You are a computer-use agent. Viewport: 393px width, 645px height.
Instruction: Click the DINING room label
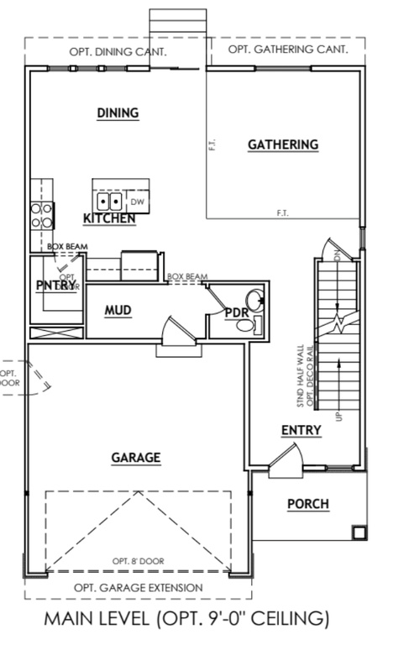click(118, 113)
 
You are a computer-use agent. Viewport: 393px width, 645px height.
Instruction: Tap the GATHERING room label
click(283, 144)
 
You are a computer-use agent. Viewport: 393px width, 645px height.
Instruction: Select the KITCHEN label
click(109, 218)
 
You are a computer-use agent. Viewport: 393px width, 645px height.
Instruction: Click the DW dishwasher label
click(138, 202)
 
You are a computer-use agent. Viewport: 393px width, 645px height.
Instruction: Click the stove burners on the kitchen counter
click(40, 216)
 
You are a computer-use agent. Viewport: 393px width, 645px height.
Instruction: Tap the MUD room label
click(118, 310)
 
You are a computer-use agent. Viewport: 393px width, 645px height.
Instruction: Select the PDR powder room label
click(237, 312)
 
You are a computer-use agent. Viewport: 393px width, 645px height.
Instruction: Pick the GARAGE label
click(136, 458)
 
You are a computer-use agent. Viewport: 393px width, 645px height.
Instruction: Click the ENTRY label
click(301, 430)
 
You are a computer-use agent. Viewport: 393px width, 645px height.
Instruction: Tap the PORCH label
click(308, 504)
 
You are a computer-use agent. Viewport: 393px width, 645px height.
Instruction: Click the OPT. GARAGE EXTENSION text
click(138, 587)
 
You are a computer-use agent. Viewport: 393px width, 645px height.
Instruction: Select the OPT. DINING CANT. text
click(118, 51)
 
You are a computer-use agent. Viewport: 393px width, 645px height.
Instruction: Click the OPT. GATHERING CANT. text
click(288, 50)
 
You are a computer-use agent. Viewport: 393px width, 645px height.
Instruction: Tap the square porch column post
click(359, 532)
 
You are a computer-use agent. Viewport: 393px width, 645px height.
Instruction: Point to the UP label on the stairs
click(339, 415)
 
